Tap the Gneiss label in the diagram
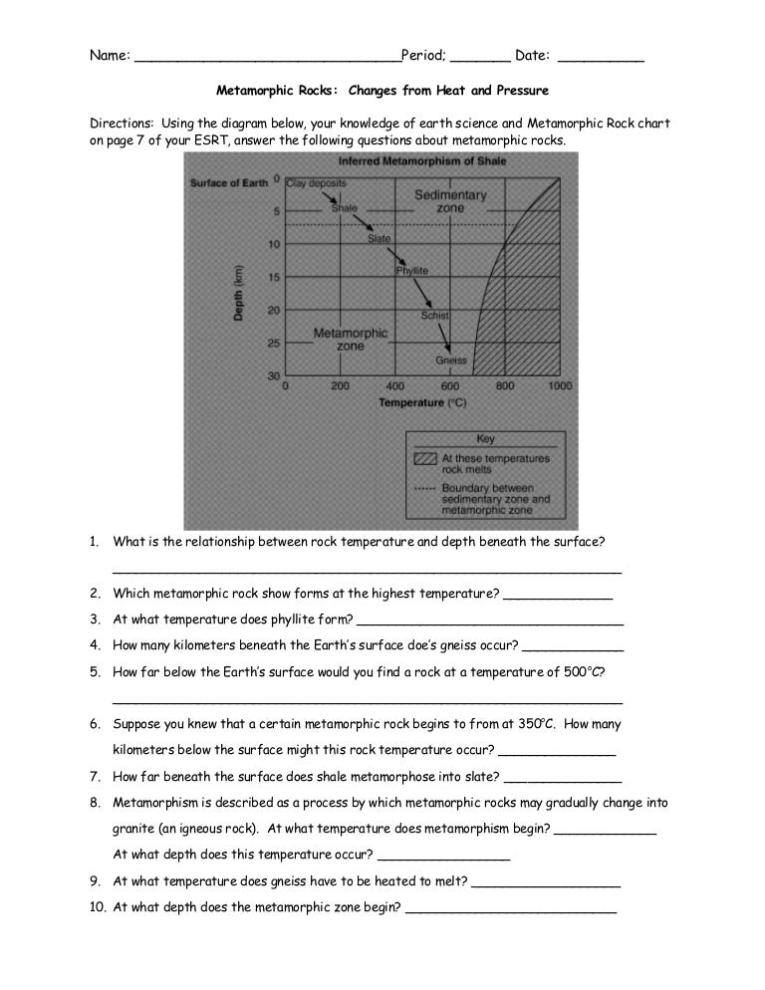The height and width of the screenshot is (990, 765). click(451, 360)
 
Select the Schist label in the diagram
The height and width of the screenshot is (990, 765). click(436, 315)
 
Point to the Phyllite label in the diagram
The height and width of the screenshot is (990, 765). click(411, 270)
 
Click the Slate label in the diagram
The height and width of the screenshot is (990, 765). click(379, 239)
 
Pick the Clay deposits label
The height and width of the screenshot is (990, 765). click(316, 183)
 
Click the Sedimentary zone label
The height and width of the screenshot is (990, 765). click(450, 202)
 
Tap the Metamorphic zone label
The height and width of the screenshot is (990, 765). click(338, 340)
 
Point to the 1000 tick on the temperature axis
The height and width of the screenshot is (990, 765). click(560, 384)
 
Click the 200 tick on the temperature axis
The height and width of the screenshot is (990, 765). click(341, 384)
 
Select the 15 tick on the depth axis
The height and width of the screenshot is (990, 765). click(272, 277)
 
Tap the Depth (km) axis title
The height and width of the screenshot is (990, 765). click(239, 293)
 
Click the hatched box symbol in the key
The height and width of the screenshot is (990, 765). click(424, 459)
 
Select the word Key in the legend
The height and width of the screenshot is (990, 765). click(485, 439)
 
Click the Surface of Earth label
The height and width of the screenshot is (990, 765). click(230, 183)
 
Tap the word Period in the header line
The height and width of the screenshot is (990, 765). click(422, 56)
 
